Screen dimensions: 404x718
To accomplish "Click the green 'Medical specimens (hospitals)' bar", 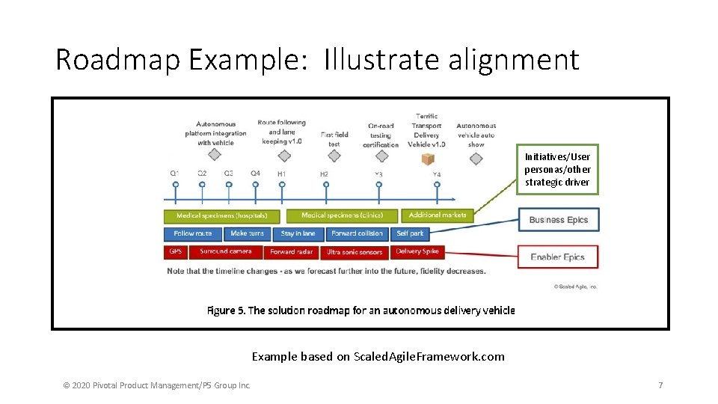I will click(221, 216).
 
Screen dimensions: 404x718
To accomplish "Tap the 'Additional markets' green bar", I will click(438, 215).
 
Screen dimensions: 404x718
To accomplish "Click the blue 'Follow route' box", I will click(193, 234).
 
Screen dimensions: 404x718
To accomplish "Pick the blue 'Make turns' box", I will click(248, 234).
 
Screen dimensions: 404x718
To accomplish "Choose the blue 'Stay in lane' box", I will click(298, 234).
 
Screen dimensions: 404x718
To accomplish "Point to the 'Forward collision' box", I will click(357, 234).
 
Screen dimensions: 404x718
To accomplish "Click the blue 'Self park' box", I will click(410, 234).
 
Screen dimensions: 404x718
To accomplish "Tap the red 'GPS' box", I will click(176, 252).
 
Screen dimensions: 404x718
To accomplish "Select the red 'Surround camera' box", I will click(225, 252).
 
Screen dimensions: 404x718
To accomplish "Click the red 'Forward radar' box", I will click(292, 253).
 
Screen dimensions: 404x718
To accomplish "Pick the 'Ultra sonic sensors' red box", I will click(355, 253).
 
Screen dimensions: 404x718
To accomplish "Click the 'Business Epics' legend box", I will click(558, 220).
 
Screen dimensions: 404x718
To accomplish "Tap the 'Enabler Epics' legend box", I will click(558, 257).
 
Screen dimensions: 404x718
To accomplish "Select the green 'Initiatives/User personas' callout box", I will click(557, 169).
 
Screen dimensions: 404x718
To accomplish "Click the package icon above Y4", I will click(428, 159).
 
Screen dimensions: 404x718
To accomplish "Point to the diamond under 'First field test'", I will click(334, 156).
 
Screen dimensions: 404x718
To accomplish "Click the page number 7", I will click(660, 385).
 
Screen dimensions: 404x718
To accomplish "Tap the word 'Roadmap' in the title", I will click(117, 60).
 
